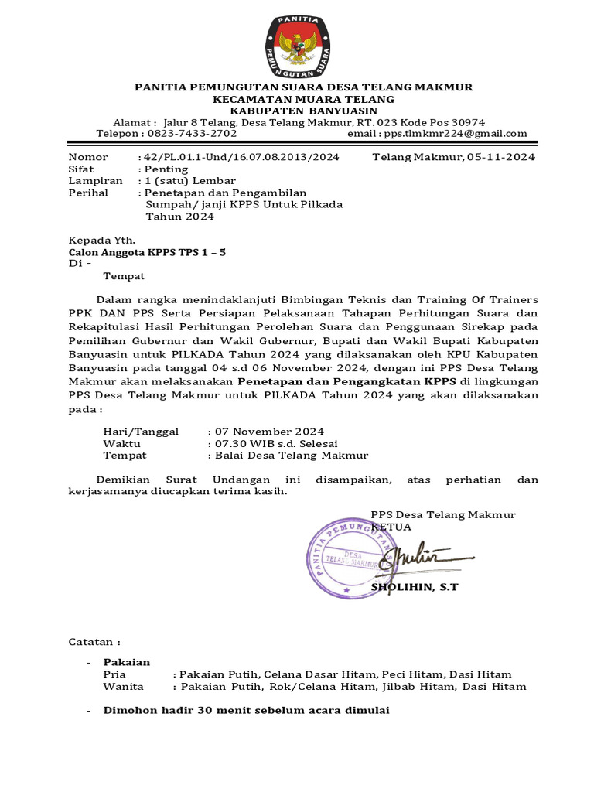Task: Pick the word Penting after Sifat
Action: [165, 169]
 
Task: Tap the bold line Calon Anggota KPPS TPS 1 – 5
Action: [148, 252]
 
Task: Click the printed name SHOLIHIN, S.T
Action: [415, 588]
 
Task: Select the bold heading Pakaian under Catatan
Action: [127, 662]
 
